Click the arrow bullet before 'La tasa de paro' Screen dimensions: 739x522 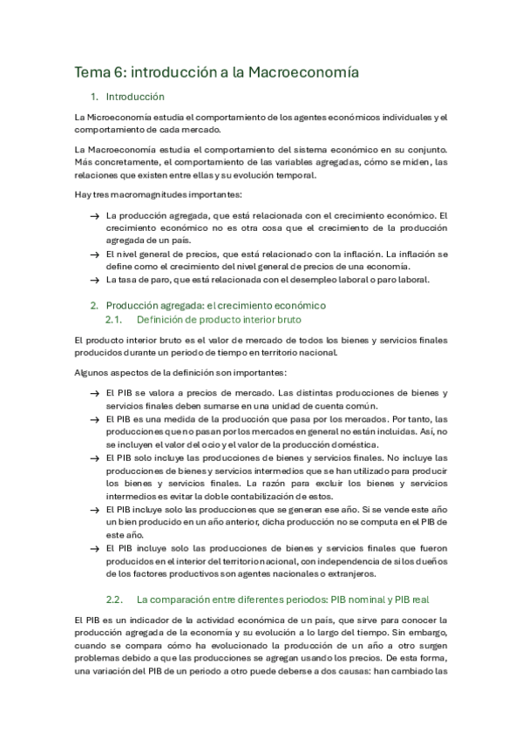94,280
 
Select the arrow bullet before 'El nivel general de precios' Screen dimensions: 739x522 94,254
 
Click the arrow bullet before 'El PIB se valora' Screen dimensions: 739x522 94,393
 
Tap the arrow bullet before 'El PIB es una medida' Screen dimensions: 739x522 94,418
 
